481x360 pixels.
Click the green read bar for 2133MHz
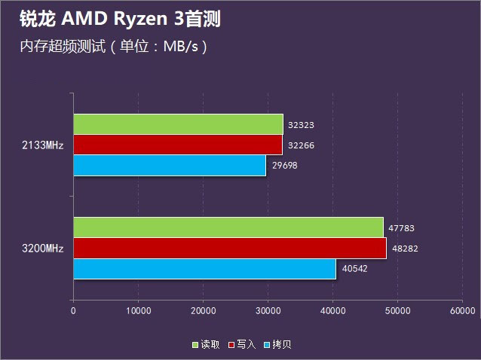click(178, 124)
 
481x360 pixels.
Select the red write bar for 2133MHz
click(177, 145)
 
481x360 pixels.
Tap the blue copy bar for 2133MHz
click(170, 165)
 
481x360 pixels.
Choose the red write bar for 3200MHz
click(229, 248)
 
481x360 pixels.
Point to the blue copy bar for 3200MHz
click(204, 268)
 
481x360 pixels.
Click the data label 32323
click(301, 125)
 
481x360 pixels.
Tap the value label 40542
click(354, 268)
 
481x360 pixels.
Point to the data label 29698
click(284, 165)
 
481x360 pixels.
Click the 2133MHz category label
click(43, 145)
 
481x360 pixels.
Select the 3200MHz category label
click(43, 248)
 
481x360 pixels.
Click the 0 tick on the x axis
click(73, 310)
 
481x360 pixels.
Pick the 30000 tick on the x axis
click(268, 310)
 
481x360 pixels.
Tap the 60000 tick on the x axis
click(462, 310)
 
